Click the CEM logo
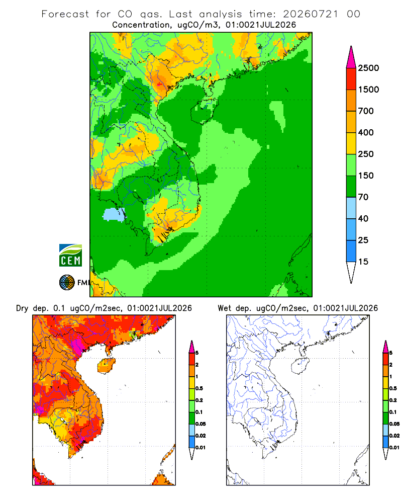point(70,256)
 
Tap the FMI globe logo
point(67,283)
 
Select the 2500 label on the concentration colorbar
point(368,68)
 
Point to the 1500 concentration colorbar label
point(368,90)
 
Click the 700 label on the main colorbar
point(366,111)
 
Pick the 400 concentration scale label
point(366,132)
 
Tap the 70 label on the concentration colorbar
point(363,197)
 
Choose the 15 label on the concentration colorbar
point(363,262)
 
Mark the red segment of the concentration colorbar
point(351,79)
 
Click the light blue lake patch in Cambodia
point(114,215)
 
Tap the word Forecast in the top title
point(65,14)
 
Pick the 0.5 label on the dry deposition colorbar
point(199,388)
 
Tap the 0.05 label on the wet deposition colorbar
point(394,424)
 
